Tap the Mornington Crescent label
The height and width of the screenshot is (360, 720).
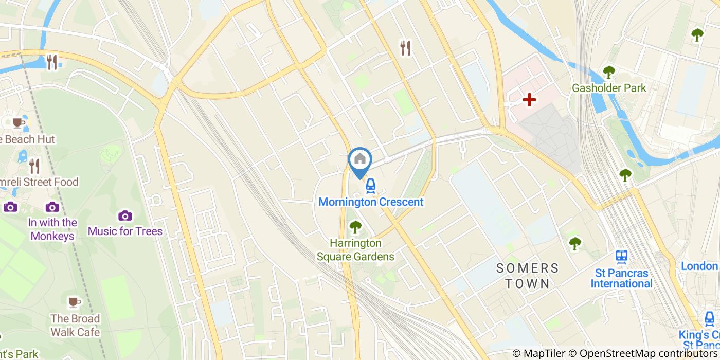click(371, 202)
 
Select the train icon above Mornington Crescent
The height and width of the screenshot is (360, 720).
click(370, 186)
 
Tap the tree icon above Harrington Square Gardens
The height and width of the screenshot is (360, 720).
click(355, 227)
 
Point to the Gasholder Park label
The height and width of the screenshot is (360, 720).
click(609, 88)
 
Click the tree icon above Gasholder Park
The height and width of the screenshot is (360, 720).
click(609, 72)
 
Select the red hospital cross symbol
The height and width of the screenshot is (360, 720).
click(529, 100)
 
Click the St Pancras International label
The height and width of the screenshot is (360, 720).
click(621, 278)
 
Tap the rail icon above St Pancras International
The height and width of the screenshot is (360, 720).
click(622, 257)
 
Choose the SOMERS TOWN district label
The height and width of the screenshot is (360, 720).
click(527, 276)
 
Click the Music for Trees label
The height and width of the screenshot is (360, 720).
click(125, 231)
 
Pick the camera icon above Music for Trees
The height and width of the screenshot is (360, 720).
click(125, 215)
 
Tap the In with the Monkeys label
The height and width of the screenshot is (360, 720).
click(52, 229)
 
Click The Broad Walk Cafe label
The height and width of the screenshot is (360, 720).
click(75, 325)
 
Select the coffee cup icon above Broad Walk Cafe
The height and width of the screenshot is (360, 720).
click(75, 302)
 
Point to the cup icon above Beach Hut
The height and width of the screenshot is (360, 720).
click(17, 122)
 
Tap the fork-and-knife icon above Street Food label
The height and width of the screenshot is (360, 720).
click(34, 166)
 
